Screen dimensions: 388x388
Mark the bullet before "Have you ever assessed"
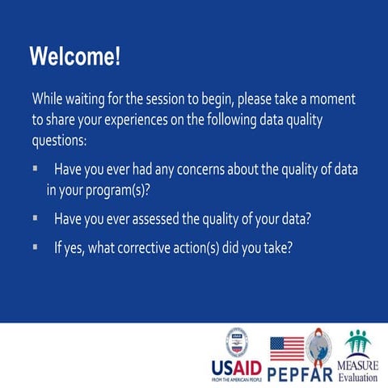(x=36, y=217)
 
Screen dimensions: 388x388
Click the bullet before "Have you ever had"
(x=36, y=170)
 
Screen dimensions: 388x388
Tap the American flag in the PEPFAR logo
(x=287, y=348)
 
